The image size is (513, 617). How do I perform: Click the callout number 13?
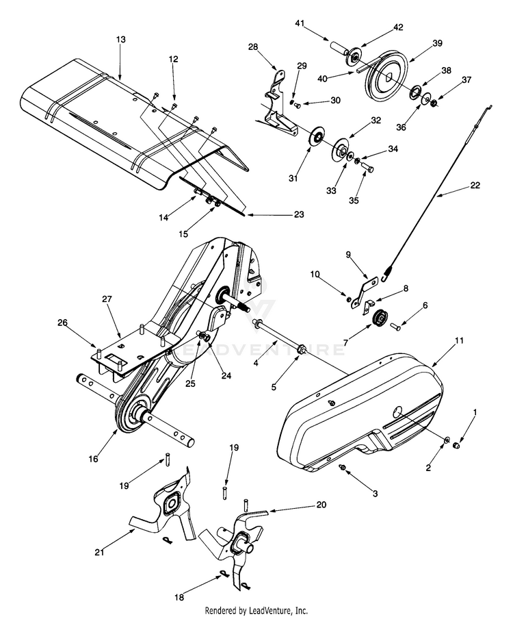click(120, 40)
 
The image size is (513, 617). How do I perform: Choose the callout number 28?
click(253, 47)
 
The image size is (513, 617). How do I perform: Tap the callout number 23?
click(298, 214)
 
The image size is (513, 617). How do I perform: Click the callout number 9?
click(348, 254)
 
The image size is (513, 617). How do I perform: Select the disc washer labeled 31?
click(317, 136)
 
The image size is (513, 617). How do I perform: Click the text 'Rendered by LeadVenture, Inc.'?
click(256, 609)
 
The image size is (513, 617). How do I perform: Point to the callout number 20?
click(320, 505)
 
